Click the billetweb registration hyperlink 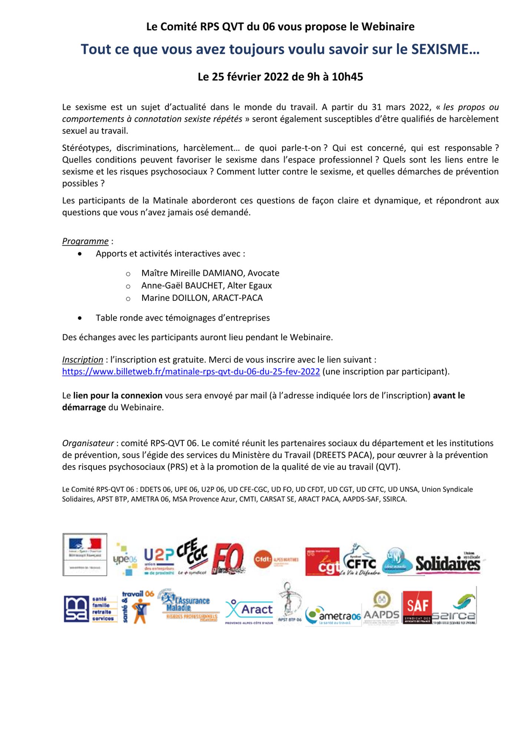point(191,372)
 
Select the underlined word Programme point(85,241)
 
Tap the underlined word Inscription point(83,360)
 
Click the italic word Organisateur point(88,443)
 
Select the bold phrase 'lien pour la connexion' point(118,396)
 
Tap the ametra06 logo point(333,616)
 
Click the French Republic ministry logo point(85,555)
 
